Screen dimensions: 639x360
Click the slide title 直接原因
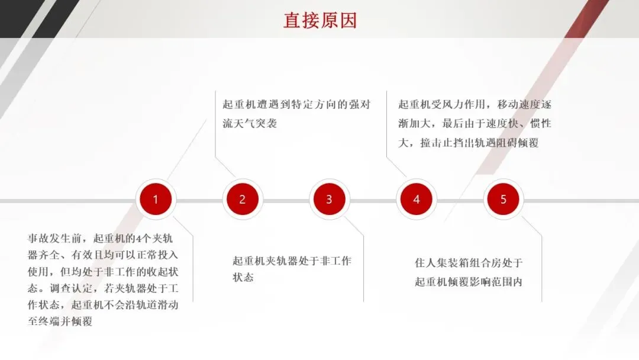point(319,20)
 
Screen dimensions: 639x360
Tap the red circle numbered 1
point(156,200)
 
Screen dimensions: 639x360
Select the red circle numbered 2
point(242,200)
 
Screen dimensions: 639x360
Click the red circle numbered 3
point(329,200)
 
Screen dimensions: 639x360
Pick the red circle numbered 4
point(416,200)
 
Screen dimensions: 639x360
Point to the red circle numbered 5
point(503,200)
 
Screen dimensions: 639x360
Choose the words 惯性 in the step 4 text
point(540,124)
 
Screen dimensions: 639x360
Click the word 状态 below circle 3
point(243,277)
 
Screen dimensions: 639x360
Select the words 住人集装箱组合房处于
point(469,263)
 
